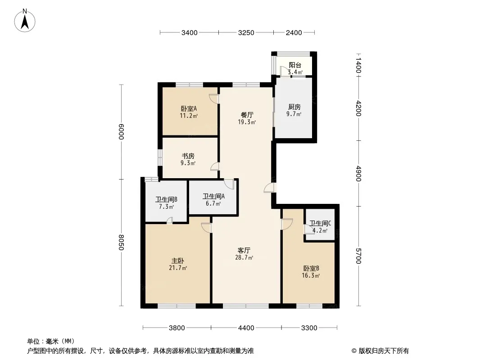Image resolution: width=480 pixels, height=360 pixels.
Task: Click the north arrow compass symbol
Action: [x=25, y=21]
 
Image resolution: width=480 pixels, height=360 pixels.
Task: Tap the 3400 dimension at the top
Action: [x=189, y=33]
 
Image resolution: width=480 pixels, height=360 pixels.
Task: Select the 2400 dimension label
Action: [x=294, y=33]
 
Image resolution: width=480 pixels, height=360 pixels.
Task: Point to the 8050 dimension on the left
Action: [x=121, y=242]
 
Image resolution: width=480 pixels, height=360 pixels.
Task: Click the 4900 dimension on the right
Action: [x=358, y=174]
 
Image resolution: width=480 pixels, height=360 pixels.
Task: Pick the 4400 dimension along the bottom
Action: [x=246, y=328]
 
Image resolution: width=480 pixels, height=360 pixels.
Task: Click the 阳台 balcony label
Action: [x=295, y=65]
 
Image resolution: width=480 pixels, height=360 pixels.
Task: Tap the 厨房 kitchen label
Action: [x=294, y=107]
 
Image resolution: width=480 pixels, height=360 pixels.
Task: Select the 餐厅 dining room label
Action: [x=247, y=115]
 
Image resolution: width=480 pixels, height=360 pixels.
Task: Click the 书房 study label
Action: [x=188, y=156]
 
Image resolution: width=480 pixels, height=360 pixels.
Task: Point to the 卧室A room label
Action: [x=189, y=108]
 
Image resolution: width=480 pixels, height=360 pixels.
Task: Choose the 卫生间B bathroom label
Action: [x=166, y=200]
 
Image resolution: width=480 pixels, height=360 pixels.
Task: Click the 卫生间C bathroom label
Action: [x=320, y=224]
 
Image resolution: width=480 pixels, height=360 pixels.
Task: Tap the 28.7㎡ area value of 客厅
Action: [x=244, y=257]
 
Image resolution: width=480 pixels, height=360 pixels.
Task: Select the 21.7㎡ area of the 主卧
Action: [x=178, y=268]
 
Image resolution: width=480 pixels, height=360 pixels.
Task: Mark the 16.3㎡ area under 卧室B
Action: [x=311, y=275]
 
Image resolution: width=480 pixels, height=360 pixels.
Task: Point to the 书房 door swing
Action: [x=215, y=166]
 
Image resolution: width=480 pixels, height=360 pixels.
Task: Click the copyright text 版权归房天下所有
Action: [x=384, y=351]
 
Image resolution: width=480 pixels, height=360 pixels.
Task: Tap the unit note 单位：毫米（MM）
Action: [x=51, y=341]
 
